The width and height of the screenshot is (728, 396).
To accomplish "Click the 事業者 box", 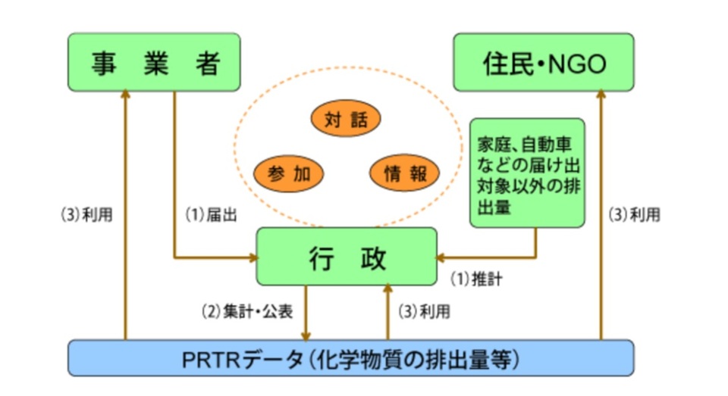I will (x=154, y=64).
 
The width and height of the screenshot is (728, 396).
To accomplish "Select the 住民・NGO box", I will (x=544, y=64).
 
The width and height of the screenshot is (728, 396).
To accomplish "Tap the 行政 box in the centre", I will (x=347, y=258).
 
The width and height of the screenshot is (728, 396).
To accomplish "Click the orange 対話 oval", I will (x=346, y=119).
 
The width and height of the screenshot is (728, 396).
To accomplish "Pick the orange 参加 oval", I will (x=289, y=174).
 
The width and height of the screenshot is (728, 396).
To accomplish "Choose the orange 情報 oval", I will (x=404, y=174).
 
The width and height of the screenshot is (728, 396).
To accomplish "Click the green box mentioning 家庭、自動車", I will (x=527, y=173).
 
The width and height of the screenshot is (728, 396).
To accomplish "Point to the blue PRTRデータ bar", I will (x=350, y=357).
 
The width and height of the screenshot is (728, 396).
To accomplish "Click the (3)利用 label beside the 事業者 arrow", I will (x=86, y=215).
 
